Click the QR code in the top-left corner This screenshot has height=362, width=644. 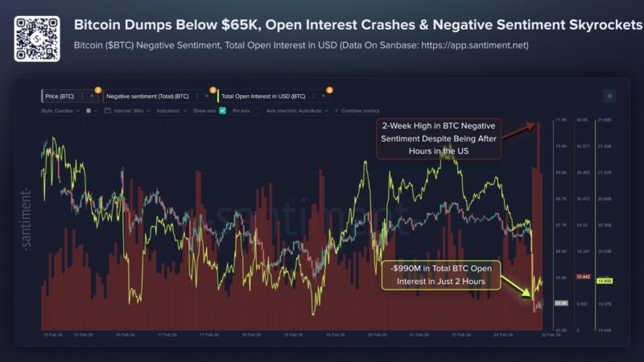click(36, 37)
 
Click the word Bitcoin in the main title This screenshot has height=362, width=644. click(101, 25)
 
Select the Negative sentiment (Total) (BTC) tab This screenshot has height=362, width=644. click(147, 96)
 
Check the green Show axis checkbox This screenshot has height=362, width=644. click(222, 109)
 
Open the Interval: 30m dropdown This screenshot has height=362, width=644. click(130, 109)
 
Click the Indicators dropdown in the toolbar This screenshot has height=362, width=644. click(171, 109)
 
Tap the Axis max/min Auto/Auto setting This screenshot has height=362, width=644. click(294, 109)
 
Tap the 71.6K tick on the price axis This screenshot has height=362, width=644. click(561, 120)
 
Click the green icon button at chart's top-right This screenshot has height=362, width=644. click(609, 96)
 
